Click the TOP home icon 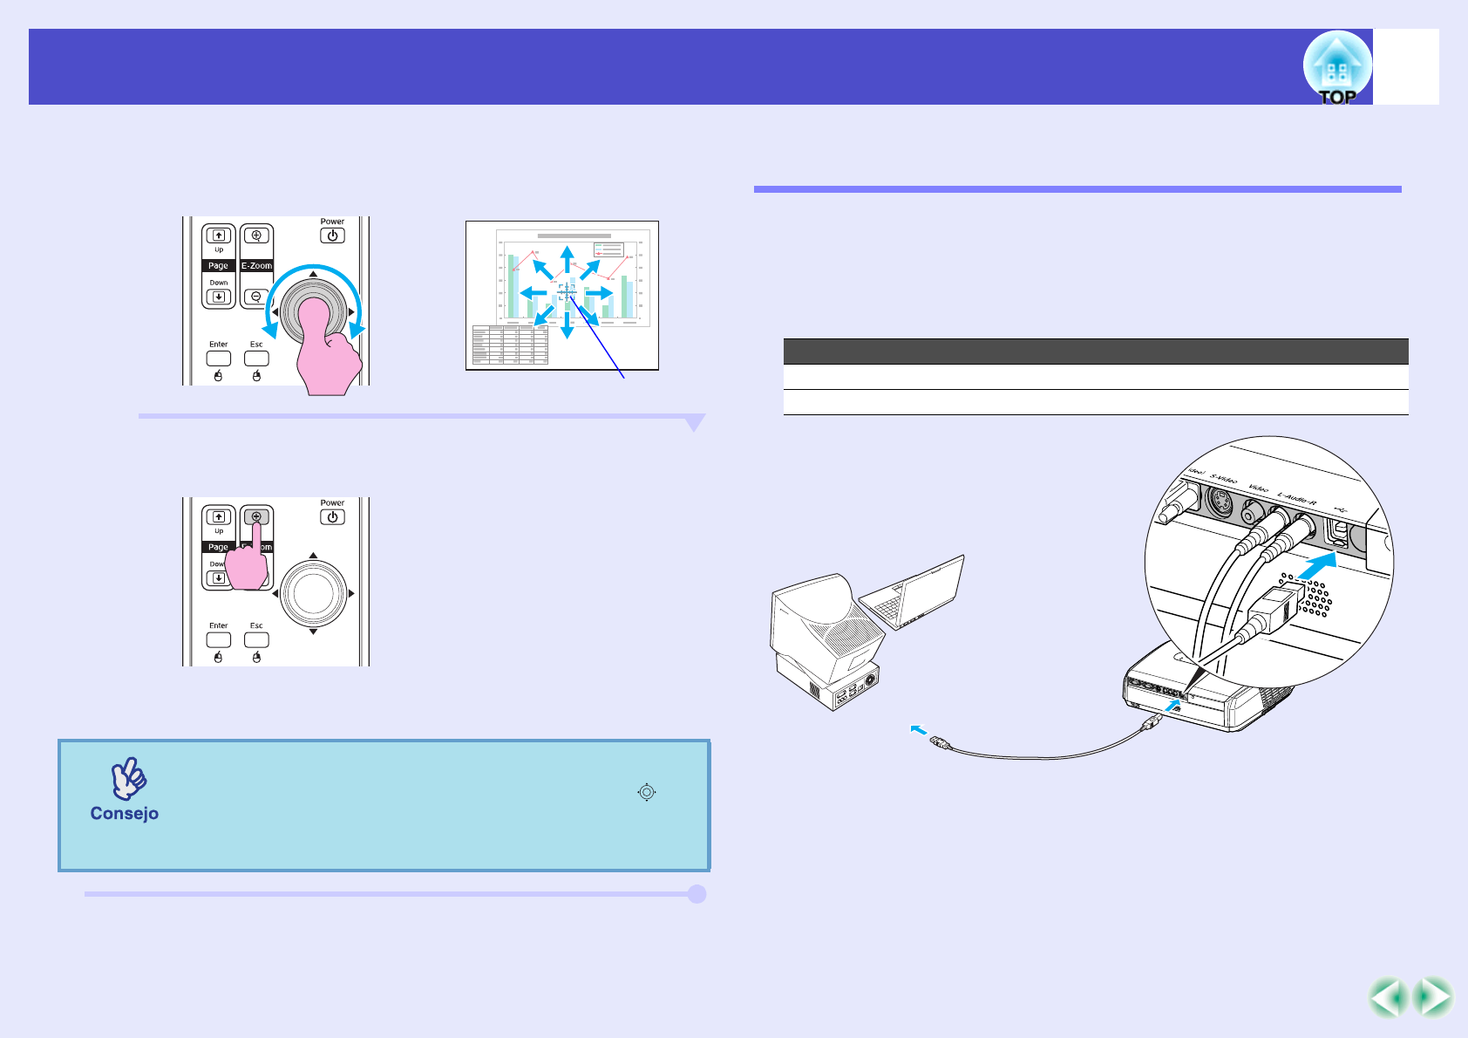point(1337,68)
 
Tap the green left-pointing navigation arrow point(1388,998)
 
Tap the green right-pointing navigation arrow point(1433,998)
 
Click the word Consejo point(125,814)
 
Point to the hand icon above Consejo point(129,778)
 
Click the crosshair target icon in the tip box point(646,792)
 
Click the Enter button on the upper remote point(218,358)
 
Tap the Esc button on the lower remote point(256,639)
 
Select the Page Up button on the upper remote point(219,236)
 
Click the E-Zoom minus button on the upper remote point(256,297)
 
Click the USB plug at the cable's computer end point(939,741)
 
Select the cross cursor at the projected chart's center point(567,293)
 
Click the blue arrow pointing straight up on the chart point(567,259)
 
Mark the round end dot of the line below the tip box point(697,894)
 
